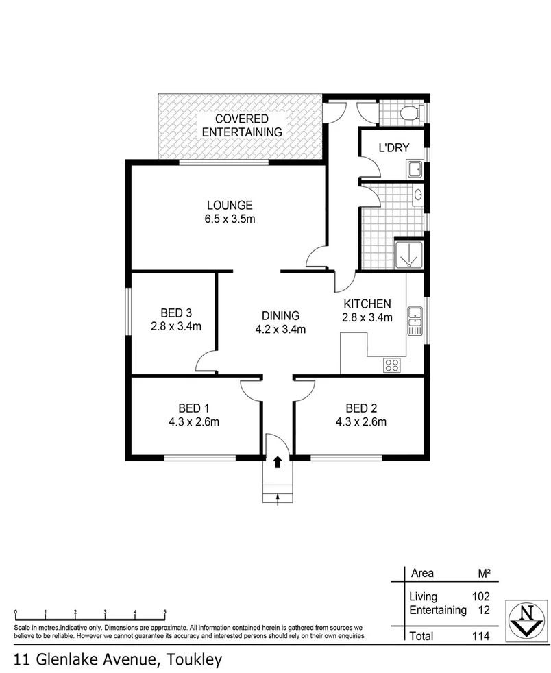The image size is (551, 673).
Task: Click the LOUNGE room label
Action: (x=230, y=205)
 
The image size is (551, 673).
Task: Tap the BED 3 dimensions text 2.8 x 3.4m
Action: (x=176, y=327)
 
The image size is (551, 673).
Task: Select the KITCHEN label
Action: (x=367, y=304)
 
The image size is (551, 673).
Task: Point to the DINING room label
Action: (x=280, y=316)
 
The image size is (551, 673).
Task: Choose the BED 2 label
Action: (x=360, y=408)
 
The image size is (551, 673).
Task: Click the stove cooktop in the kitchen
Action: (x=391, y=365)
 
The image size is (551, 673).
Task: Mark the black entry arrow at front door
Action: (x=278, y=463)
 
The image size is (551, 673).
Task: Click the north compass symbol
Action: (x=526, y=620)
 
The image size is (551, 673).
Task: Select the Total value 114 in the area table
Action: (x=480, y=637)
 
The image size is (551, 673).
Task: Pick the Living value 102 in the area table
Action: (x=480, y=597)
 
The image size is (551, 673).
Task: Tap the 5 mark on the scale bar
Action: (x=164, y=612)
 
